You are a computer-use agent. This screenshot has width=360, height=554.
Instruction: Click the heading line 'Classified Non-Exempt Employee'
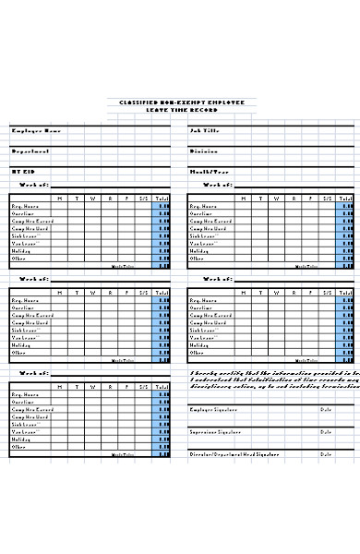click(x=182, y=102)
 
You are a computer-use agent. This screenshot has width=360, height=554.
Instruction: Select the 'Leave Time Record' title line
click(x=182, y=109)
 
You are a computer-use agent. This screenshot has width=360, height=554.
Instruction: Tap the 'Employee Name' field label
click(x=36, y=130)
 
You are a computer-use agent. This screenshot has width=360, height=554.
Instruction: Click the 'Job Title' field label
click(x=205, y=130)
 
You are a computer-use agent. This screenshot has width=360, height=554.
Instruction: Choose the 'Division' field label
click(x=204, y=151)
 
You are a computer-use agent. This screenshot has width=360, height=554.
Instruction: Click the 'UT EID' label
click(x=22, y=171)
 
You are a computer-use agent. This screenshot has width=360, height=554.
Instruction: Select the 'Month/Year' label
click(x=209, y=171)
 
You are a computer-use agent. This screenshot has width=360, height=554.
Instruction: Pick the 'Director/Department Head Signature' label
click(x=234, y=453)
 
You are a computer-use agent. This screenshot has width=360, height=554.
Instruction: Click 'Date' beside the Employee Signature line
click(x=326, y=409)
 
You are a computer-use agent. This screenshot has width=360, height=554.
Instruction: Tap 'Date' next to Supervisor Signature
click(x=326, y=431)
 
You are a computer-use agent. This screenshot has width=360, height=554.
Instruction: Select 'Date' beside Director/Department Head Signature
click(x=326, y=453)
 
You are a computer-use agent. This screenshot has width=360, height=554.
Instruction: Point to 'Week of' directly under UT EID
click(x=35, y=185)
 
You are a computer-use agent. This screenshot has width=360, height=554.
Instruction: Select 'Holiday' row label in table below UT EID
click(x=20, y=250)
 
